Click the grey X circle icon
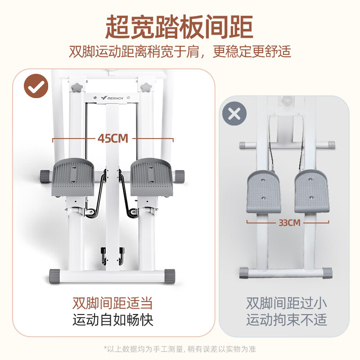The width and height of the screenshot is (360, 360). (234, 113)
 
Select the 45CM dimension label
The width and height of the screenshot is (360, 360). (113, 138)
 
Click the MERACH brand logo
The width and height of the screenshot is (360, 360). (112, 96)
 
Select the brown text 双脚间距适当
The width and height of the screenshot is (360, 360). (113, 302)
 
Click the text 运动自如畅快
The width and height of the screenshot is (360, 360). (113, 320)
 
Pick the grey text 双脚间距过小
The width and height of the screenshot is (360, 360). (287, 302)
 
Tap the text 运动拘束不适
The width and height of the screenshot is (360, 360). (287, 320)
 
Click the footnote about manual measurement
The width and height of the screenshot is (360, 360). (180, 349)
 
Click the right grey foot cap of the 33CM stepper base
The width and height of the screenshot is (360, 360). (327, 273)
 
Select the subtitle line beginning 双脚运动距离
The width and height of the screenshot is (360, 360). (180, 51)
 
